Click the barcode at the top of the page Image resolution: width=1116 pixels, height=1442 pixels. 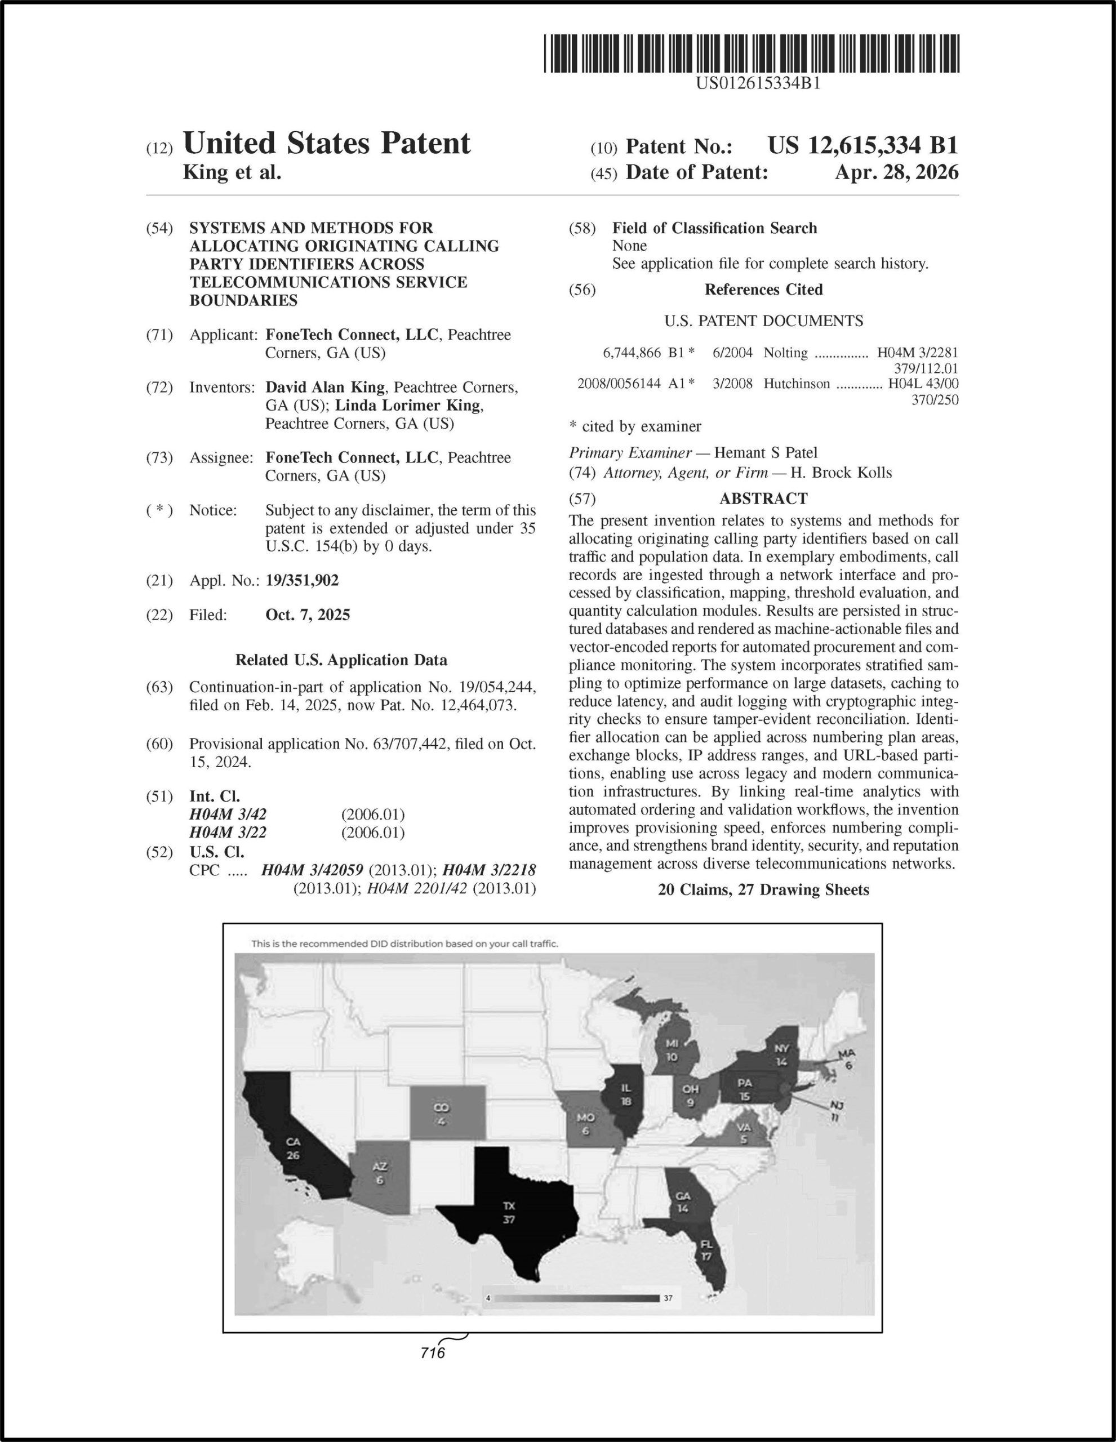pyautogui.click(x=752, y=54)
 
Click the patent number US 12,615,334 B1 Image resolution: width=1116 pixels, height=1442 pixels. pyautogui.click(x=862, y=145)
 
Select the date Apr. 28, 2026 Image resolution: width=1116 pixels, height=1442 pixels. pyautogui.click(x=896, y=172)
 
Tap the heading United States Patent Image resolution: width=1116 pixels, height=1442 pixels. pyautogui.click(x=326, y=143)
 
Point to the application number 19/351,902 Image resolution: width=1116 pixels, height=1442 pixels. pyautogui.click(x=302, y=581)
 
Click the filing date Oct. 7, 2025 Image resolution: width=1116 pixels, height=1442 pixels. pyautogui.click(x=308, y=615)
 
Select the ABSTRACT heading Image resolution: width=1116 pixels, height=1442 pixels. pyautogui.click(x=763, y=499)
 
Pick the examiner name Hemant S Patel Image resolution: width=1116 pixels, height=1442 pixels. pyautogui.click(x=766, y=453)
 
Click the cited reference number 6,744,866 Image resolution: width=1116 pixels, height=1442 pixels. pyautogui.click(x=632, y=353)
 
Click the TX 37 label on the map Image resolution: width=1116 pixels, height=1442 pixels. pyautogui.click(x=509, y=1212)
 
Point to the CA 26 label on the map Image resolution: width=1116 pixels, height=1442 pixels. pyautogui.click(x=292, y=1148)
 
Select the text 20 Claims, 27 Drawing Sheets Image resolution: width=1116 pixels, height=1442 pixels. pyautogui.click(x=763, y=890)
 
